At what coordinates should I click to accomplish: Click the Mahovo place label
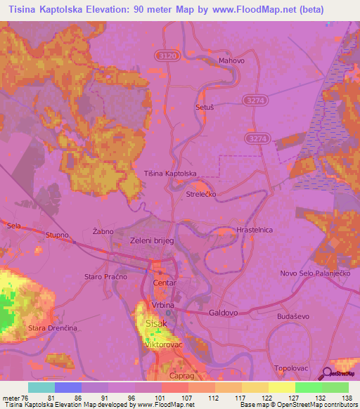point(231,60)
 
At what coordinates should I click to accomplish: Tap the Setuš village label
point(204,108)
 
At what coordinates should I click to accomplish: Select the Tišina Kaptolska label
point(169,173)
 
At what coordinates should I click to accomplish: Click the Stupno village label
point(56,235)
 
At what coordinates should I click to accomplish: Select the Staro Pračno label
point(103,276)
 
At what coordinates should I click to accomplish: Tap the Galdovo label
point(225,310)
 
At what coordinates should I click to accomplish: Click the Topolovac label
point(292,368)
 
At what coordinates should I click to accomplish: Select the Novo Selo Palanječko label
point(316,273)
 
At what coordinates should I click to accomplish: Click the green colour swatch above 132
point(308,387)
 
